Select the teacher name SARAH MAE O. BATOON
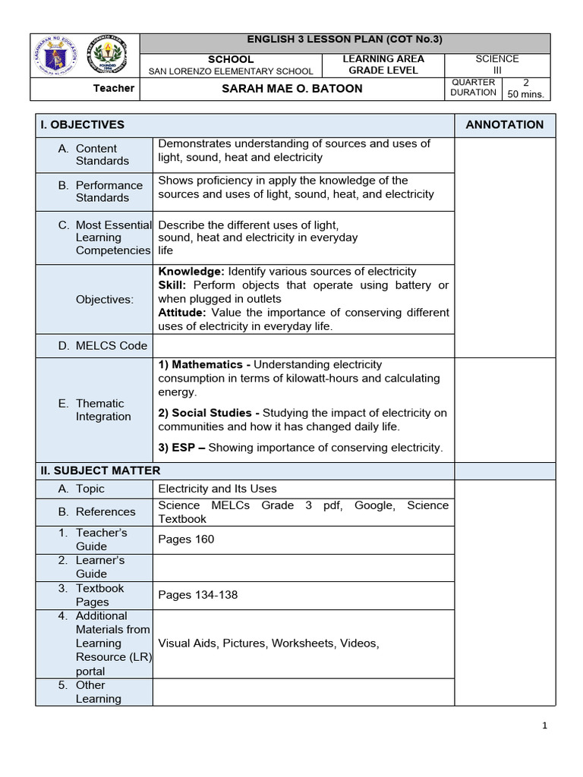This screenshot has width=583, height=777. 292,89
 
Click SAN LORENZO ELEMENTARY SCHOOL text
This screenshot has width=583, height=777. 231,71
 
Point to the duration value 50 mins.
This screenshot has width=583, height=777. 525,95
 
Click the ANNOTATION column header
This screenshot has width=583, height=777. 504,125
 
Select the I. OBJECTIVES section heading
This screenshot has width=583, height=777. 83,125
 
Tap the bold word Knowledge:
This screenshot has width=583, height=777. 191,272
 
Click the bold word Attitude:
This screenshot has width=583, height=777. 182,313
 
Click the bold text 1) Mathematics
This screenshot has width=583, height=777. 200,365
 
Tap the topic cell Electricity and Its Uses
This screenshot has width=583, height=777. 217,489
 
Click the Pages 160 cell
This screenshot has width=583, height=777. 186,539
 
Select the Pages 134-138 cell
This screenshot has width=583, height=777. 197,595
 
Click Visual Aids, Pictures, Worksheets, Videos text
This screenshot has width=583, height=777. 268,643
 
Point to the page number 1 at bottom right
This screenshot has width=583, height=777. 544,726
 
